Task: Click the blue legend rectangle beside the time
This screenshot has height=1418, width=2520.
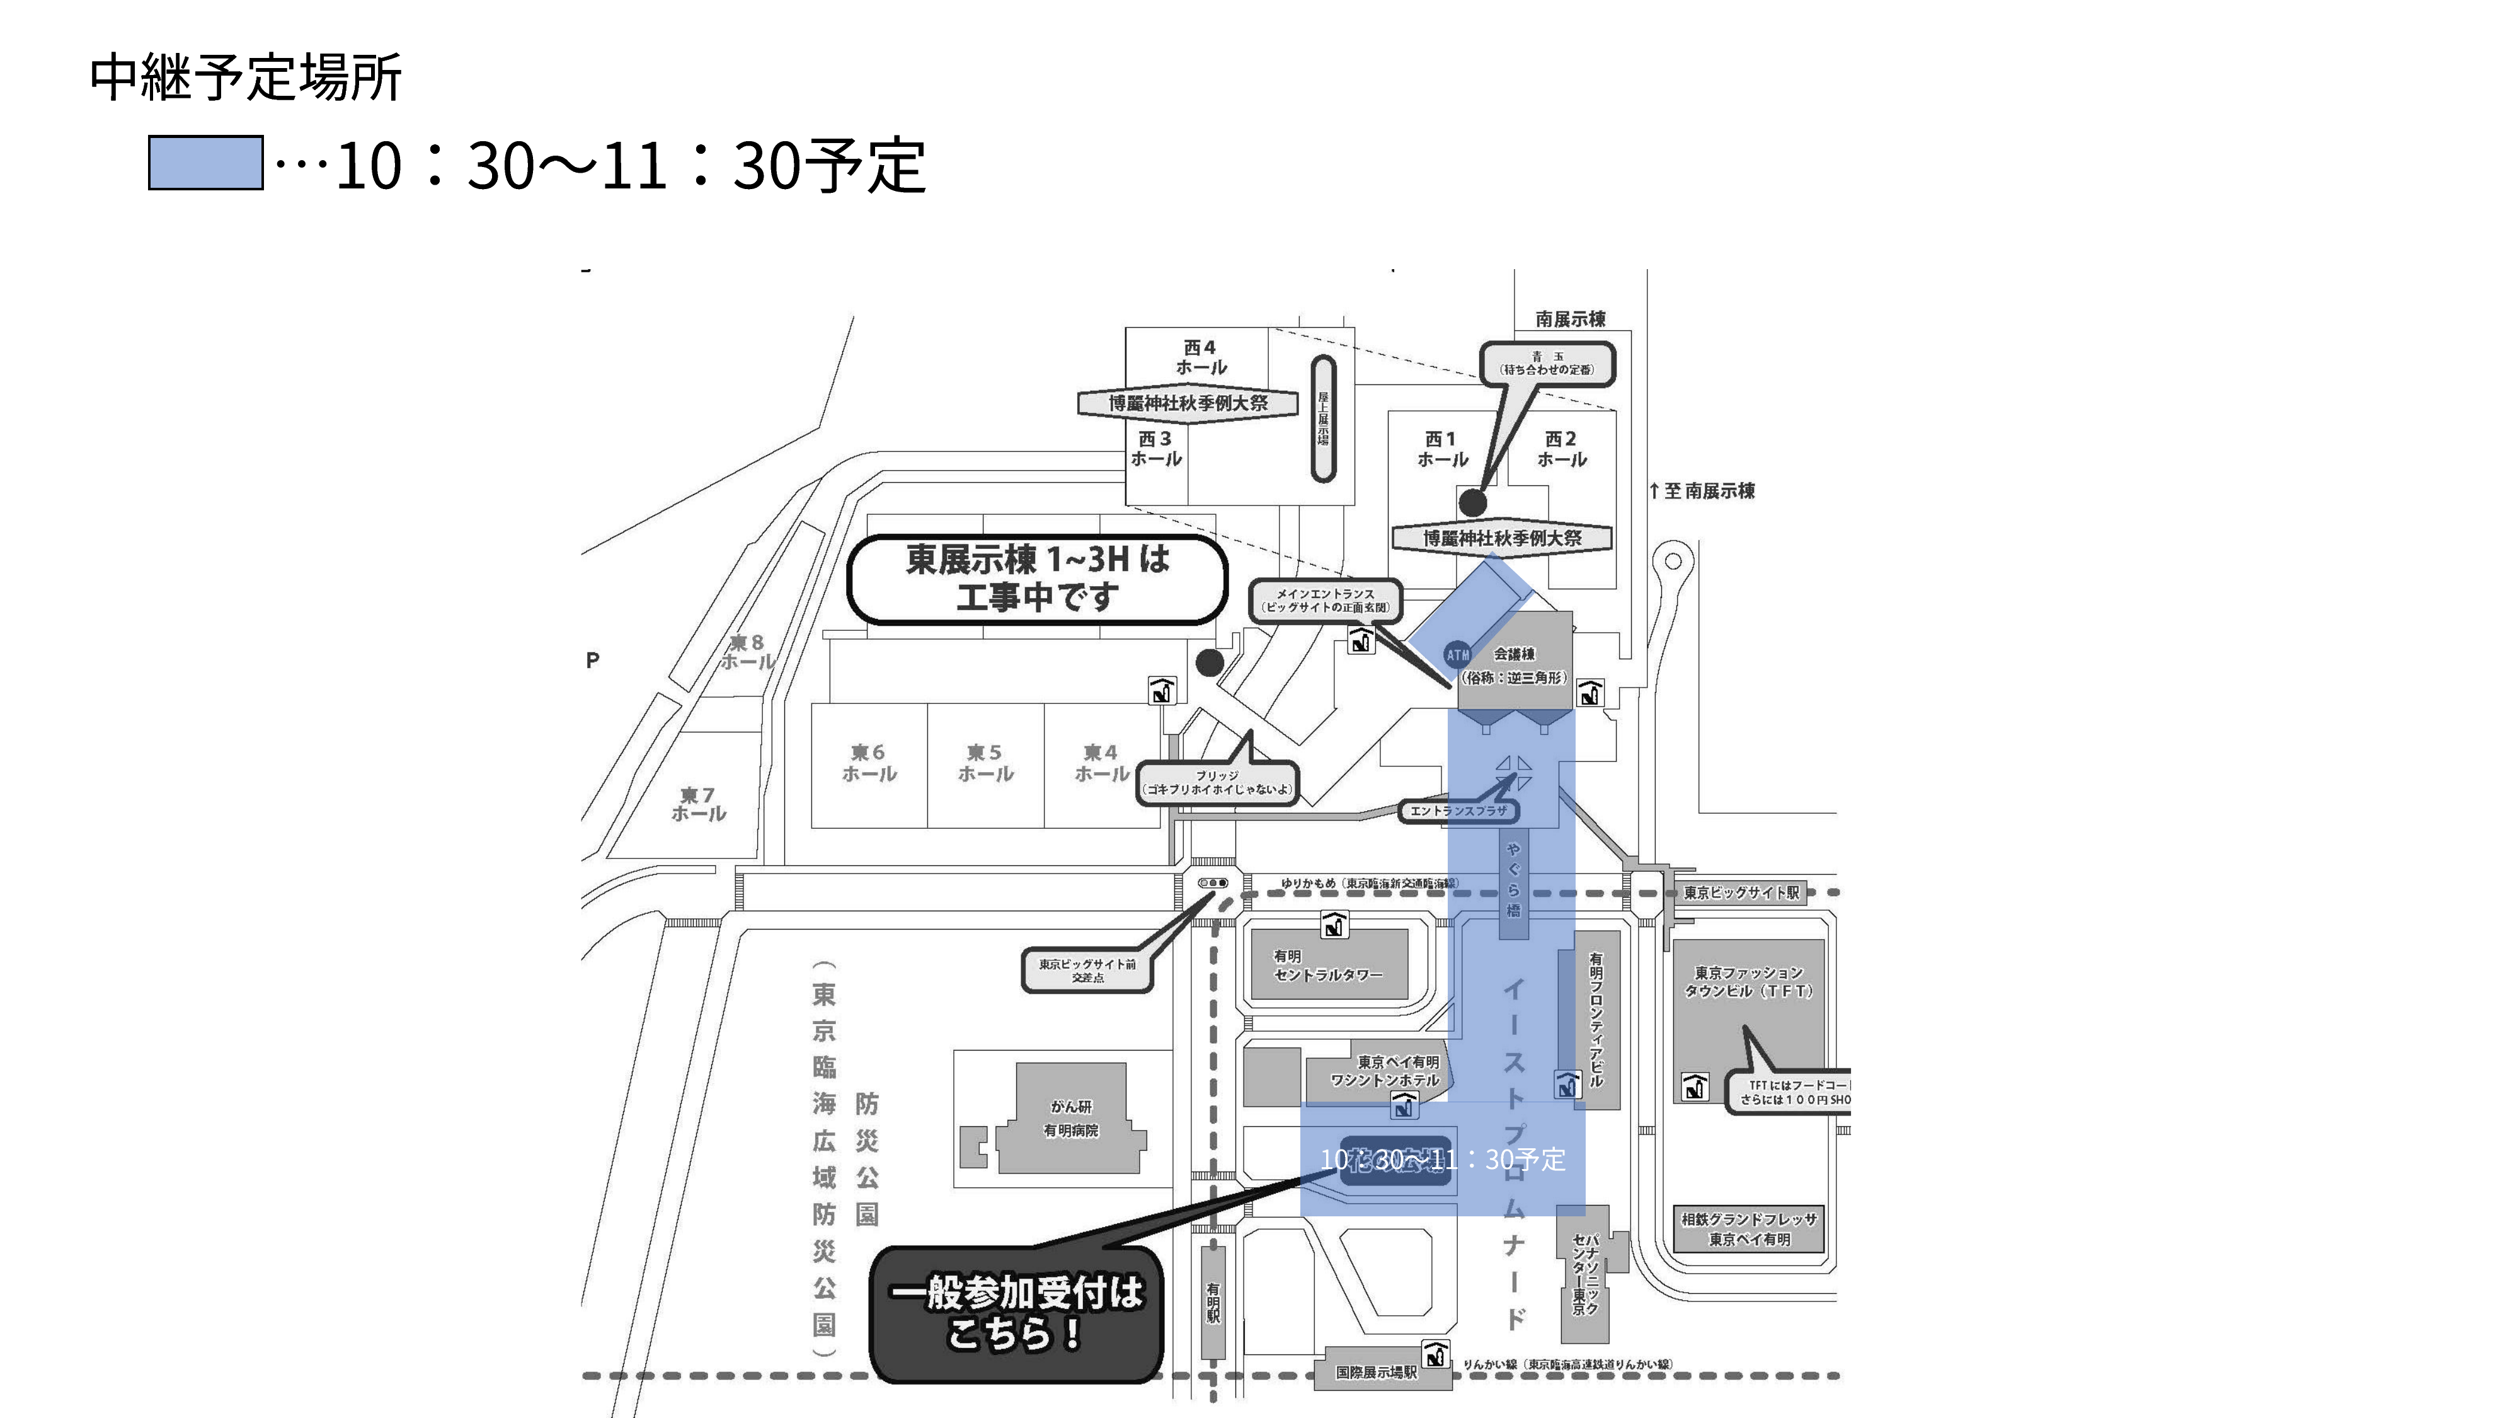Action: pyautogui.click(x=205, y=163)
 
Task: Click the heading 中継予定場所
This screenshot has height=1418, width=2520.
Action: pyautogui.click(x=246, y=78)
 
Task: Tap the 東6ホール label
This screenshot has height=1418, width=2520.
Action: pyautogui.click(x=869, y=763)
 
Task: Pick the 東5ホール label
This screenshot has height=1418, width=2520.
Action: pyautogui.click(x=985, y=763)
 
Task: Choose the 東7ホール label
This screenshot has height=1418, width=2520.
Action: pyautogui.click(x=699, y=804)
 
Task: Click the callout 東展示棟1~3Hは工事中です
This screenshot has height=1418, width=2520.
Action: pyautogui.click(x=1037, y=579)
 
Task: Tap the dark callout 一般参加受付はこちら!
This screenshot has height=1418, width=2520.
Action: pyautogui.click(x=1016, y=1313)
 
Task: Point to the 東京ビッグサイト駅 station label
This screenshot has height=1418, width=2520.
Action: pyautogui.click(x=1741, y=892)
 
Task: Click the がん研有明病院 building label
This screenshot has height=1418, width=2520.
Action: pyautogui.click(x=1071, y=1117)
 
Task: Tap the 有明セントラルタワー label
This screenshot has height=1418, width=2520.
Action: pyautogui.click(x=1327, y=965)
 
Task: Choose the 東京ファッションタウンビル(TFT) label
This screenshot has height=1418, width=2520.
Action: pyautogui.click(x=1748, y=981)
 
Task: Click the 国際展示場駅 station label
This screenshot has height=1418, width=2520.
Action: pyautogui.click(x=1377, y=1372)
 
